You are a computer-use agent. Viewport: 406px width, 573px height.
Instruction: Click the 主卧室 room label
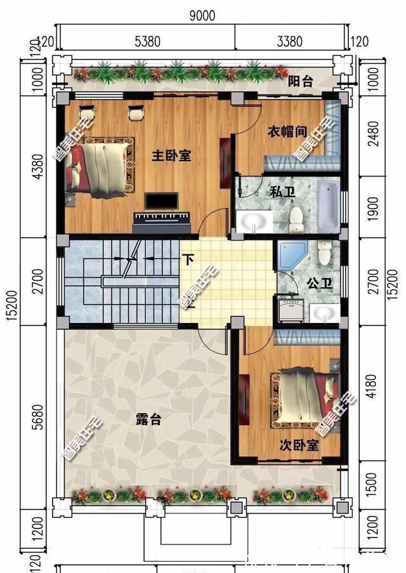coord(171,155)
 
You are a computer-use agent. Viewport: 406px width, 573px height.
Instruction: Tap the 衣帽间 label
coord(286,131)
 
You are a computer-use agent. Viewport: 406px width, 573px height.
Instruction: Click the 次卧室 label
coord(299,445)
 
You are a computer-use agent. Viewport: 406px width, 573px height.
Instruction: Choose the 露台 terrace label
coord(148,419)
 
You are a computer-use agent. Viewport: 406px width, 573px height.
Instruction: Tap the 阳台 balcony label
coord(300,82)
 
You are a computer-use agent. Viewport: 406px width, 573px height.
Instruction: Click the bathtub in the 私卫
coord(328,206)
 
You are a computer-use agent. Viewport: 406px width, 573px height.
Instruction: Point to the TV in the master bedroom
coord(161,202)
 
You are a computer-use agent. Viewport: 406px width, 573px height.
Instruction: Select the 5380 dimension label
coord(148,42)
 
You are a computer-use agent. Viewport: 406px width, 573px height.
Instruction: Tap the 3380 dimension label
coord(290,42)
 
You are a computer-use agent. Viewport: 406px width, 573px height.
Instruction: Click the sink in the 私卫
coord(256,221)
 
